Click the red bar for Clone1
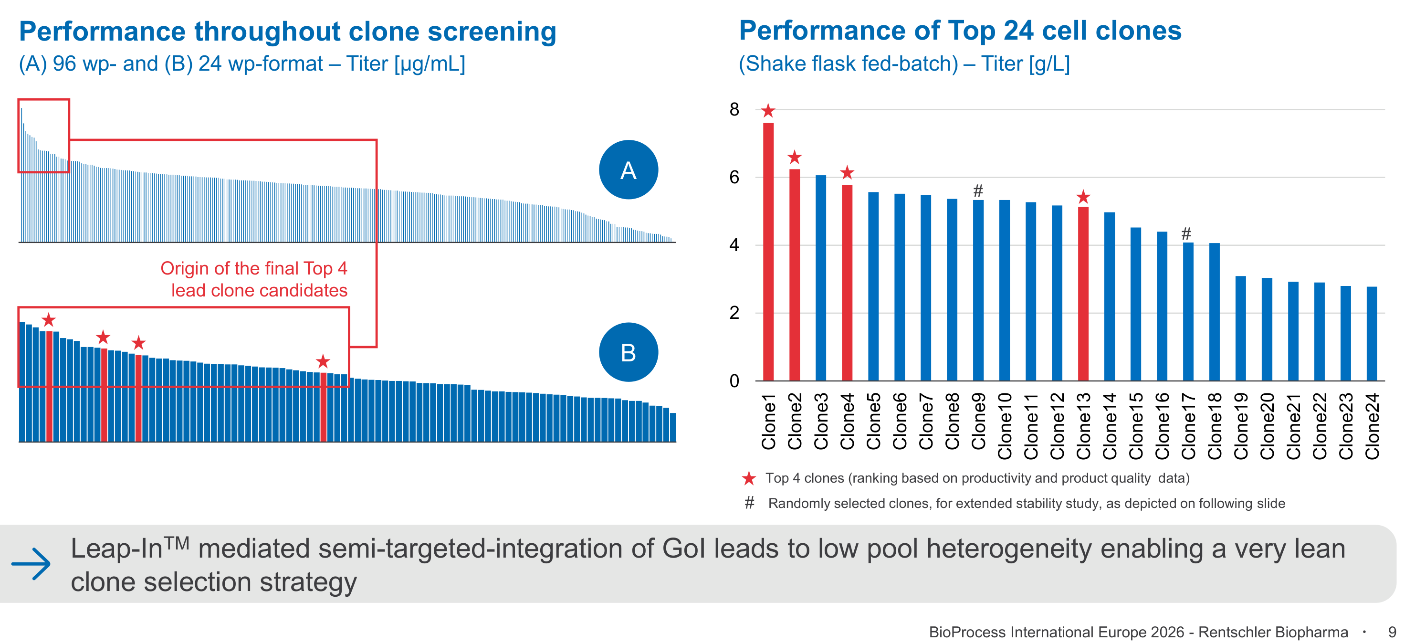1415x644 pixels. (768, 252)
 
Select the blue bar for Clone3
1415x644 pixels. (821, 277)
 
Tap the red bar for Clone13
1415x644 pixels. (1083, 294)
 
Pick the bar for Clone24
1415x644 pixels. (1372, 334)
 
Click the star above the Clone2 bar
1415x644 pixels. (794, 158)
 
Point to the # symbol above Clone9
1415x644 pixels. (978, 190)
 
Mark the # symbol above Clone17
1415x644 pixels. (1186, 234)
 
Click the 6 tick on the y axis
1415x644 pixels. (734, 177)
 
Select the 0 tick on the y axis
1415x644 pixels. (734, 380)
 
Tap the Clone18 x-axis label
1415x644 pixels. (1214, 426)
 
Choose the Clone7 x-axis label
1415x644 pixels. (925, 421)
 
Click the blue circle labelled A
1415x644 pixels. (629, 170)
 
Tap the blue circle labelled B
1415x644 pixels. (629, 352)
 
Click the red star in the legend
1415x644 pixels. (749, 478)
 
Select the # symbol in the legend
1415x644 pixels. (749, 503)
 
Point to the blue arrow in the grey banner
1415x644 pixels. (31, 563)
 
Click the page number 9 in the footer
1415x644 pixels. (1392, 632)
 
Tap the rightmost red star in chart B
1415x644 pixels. (323, 361)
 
